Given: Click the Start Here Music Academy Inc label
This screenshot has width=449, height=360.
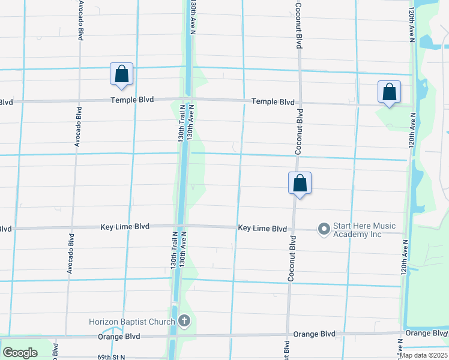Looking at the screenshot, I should (x=364, y=230).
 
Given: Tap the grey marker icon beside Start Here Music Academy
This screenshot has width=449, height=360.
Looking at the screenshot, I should (x=324, y=229).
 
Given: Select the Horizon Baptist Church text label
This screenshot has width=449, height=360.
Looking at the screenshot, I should (x=131, y=322).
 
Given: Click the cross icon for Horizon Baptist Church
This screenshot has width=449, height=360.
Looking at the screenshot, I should (x=184, y=322).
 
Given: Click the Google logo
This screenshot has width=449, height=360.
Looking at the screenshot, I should (x=20, y=353).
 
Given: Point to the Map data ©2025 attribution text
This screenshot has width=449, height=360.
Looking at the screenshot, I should (x=423, y=355).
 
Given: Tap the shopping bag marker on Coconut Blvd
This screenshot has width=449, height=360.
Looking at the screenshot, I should (x=300, y=184).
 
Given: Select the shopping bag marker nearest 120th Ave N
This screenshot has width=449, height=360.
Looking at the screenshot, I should (x=389, y=92).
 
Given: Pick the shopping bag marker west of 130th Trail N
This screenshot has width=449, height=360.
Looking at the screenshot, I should (x=121, y=74).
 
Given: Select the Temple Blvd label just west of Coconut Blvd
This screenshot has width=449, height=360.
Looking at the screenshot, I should (x=273, y=102).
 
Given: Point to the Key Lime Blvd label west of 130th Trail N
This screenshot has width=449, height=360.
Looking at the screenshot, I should (x=124, y=227).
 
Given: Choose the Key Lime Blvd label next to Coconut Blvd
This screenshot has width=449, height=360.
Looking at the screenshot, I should (x=262, y=229).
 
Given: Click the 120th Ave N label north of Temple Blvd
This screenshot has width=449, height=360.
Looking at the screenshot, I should (x=411, y=25).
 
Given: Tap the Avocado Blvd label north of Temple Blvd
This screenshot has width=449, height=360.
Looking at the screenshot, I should (x=80, y=21).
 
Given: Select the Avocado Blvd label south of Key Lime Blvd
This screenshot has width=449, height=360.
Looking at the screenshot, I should (x=70, y=256).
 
